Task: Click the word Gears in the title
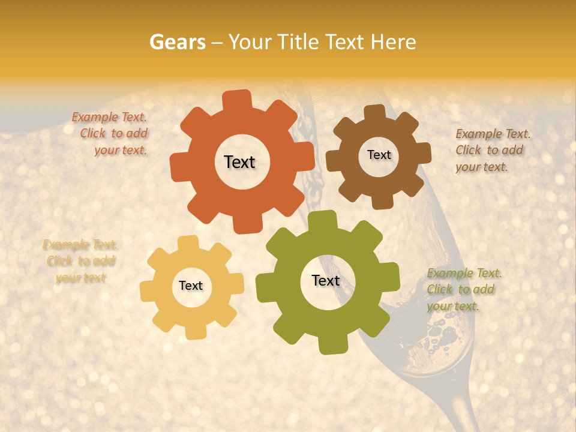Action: click(x=177, y=42)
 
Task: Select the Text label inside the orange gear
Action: click(x=239, y=162)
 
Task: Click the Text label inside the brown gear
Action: click(x=379, y=155)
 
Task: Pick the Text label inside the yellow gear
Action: click(x=191, y=286)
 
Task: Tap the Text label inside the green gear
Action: click(x=326, y=281)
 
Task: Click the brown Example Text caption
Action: click(x=491, y=150)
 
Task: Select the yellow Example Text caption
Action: click(x=80, y=261)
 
